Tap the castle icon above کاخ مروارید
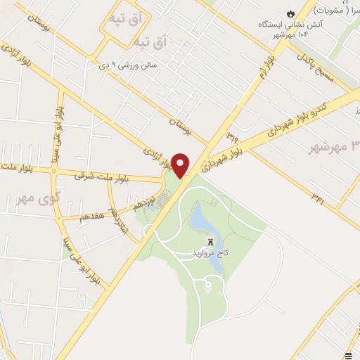click(x=210, y=240)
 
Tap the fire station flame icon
click(x=290, y=13)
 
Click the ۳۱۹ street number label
click(x=231, y=131)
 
